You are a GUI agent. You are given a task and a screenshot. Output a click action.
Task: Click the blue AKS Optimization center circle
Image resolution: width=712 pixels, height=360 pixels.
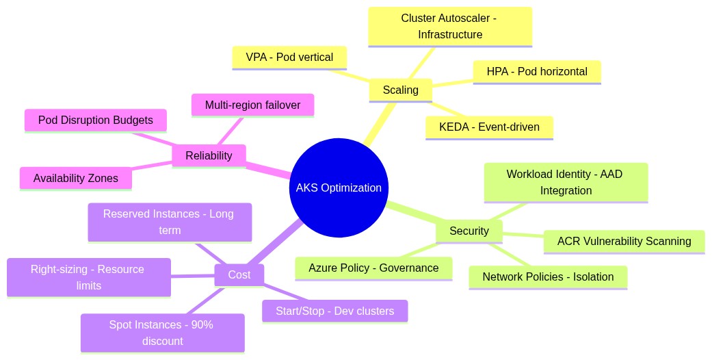click(x=339, y=188)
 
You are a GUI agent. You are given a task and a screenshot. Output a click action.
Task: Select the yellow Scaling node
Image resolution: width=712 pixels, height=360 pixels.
click(x=400, y=90)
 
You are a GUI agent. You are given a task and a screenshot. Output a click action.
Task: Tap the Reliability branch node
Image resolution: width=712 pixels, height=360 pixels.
click(x=209, y=155)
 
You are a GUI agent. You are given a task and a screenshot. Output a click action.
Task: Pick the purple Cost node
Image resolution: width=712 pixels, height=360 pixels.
click(x=239, y=274)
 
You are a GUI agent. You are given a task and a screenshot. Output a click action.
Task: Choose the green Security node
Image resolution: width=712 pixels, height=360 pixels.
click(x=469, y=231)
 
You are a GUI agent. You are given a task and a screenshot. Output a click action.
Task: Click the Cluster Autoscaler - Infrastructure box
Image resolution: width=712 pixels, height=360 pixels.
click(x=450, y=27)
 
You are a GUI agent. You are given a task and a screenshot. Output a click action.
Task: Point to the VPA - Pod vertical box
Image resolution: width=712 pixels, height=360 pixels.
click(x=289, y=57)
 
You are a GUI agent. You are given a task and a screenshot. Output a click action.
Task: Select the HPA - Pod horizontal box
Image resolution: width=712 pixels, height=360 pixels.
click(x=536, y=72)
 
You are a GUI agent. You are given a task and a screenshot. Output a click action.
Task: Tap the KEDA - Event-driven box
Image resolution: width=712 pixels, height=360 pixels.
click(x=489, y=127)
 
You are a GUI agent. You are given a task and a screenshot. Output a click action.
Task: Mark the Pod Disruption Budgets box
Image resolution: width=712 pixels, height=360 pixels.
click(x=95, y=120)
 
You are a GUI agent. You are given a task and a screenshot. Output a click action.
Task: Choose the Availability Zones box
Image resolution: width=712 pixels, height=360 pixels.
click(x=76, y=179)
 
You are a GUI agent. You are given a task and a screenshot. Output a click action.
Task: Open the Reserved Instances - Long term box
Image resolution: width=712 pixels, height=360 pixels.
click(x=170, y=222)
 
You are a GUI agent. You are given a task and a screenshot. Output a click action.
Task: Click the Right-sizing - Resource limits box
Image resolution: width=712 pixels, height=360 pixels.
click(x=88, y=277)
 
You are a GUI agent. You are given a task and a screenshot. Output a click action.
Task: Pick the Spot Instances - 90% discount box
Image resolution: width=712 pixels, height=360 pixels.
click(x=162, y=333)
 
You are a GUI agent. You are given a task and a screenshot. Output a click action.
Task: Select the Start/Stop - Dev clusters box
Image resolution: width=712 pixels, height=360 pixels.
click(x=334, y=311)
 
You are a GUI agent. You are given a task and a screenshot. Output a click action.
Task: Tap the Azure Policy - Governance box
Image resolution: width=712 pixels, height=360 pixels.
click(x=373, y=268)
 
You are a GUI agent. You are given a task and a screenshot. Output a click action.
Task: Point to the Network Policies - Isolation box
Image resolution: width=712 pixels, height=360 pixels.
click(x=547, y=277)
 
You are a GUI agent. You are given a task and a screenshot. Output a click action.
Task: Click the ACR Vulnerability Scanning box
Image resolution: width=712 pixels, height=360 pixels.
click(x=624, y=242)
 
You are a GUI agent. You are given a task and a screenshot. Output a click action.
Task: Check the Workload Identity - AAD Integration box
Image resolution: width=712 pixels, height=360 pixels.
click(x=565, y=182)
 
